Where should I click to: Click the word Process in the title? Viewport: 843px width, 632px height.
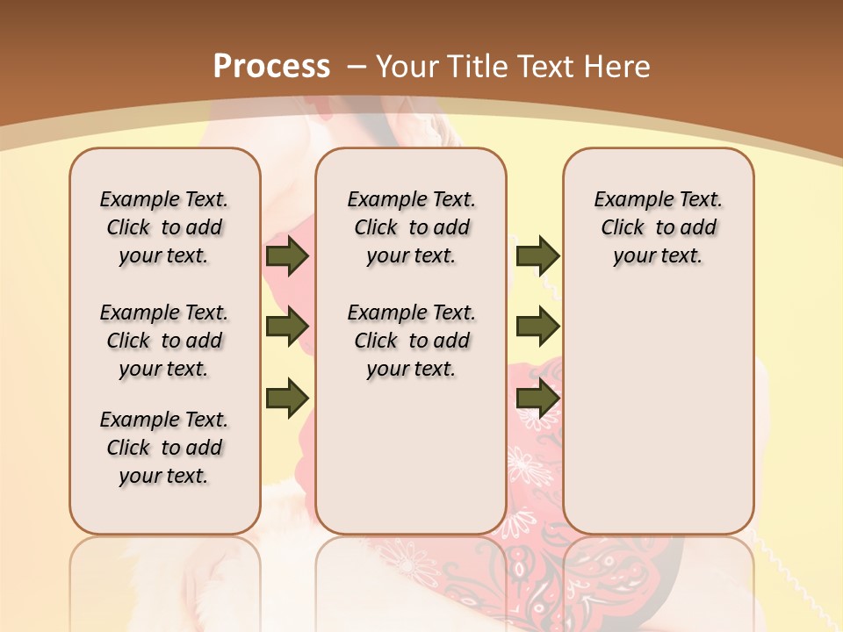click(x=271, y=66)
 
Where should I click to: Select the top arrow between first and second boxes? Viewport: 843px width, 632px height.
click(x=286, y=255)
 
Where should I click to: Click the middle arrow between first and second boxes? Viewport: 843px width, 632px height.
click(x=286, y=327)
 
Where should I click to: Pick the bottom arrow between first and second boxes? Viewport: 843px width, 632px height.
click(x=286, y=397)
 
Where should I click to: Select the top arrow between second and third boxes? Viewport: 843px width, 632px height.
click(x=537, y=255)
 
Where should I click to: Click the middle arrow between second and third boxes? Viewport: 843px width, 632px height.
click(x=537, y=327)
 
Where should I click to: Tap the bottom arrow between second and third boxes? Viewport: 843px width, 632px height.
click(x=537, y=397)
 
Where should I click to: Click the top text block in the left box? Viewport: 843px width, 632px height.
click(x=164, y=227)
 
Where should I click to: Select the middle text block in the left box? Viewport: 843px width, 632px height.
click(x=164, y=341)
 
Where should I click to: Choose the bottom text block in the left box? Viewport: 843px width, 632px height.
click(x=164, y=448)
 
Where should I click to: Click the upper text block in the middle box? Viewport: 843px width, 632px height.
click(x=411, y=227)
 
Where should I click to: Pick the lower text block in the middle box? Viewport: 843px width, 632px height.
click(x=411, y=341)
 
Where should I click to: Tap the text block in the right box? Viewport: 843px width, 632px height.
click(x=658, y=227)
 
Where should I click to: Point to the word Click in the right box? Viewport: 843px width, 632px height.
click(x=623, y=227)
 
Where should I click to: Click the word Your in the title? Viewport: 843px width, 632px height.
click(x=407, y=66)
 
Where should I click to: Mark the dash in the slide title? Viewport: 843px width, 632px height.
click(x=356, y=66)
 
